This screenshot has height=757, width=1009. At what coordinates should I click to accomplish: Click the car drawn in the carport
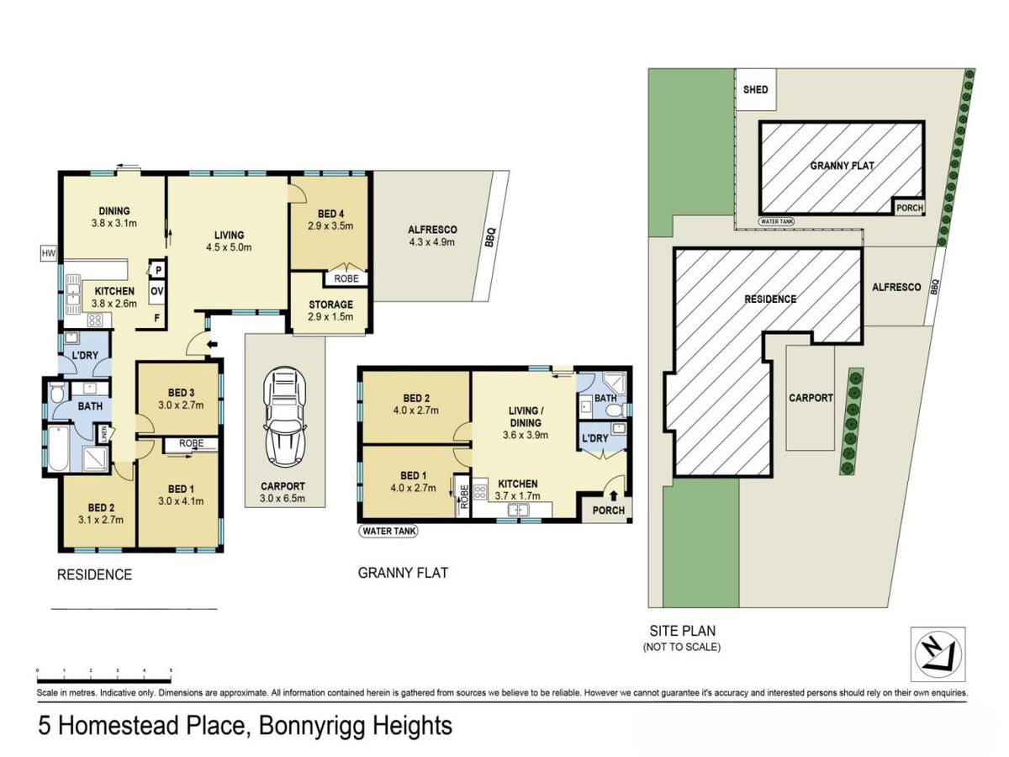(x=284, y=417)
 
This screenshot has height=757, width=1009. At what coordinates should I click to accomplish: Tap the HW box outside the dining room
(x=49, y=253)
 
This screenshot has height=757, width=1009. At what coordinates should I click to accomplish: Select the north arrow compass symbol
(x=938, y=654)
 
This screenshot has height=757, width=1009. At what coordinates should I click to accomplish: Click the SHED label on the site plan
(x=755, y=90)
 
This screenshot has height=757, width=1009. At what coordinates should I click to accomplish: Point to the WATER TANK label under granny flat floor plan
(x=388, y=532)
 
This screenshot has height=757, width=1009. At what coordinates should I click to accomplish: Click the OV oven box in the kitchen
(x=156, y=291)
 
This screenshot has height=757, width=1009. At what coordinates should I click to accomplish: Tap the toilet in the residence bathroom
(x=57, y=394)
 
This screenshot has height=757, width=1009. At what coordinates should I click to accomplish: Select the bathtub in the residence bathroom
(x=58, y=448)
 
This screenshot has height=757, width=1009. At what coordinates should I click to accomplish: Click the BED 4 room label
(x=330, y=214)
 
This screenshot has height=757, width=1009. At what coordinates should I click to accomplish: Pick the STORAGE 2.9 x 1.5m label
(x=330, y=310)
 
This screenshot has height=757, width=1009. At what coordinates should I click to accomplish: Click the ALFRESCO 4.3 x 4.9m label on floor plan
(x=432, y=236)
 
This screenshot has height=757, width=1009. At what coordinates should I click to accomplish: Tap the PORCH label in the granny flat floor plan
(x=608, y=511)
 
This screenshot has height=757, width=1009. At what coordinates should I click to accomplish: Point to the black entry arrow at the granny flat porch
(x=613, y=495)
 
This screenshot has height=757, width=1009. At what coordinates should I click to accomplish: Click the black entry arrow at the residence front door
(x=213, y=345)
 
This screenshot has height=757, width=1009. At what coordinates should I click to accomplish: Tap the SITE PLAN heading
(x=682, y=631)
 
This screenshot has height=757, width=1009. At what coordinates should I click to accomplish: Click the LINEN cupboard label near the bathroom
(x=104, y=433)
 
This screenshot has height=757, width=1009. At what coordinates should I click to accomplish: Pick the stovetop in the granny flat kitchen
(x=480, y=492)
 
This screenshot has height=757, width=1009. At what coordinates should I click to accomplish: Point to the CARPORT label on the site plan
(x=811, y=398)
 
